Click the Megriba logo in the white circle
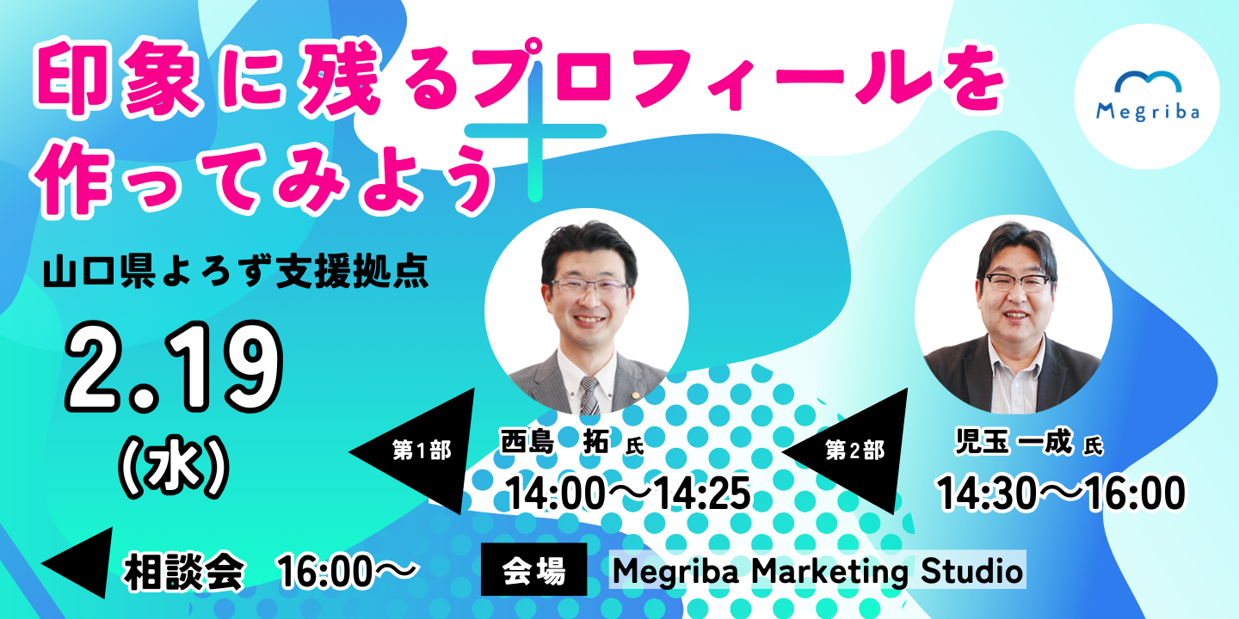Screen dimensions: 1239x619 (x=1147, y=96)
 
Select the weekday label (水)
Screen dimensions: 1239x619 (x=174, y=467)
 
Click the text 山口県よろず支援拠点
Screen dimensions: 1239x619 (x=236, y=272)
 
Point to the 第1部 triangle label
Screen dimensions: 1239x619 (x=422, y=450)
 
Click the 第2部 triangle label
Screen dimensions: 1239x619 (x=854, y=450)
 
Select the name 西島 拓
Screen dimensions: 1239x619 (x=554, y=442)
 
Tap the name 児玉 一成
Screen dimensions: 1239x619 (x=1014, y=442)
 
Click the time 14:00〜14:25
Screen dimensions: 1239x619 (x=628, y=493)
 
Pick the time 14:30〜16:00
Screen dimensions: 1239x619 (x=1061, y=493)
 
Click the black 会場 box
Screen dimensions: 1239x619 (x=533, y=569)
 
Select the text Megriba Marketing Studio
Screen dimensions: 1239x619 (x=817, y=570)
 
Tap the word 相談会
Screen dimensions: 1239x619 (x=183, y=572)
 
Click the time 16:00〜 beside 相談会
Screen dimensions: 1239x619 (x=348, y=572)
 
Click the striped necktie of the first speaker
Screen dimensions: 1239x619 (x=589, y=395)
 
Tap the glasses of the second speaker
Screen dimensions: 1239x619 (x=1018, y=282)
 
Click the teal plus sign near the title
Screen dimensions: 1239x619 (x=535, y=132)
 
